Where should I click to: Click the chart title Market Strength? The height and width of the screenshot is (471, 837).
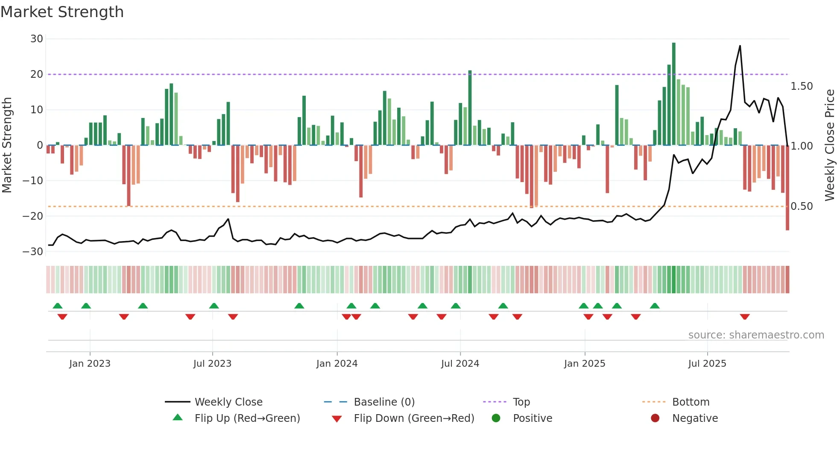pyautogui.click(x=62, y=12)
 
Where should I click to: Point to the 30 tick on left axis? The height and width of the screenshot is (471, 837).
pyautogui.click(x=37, y=39)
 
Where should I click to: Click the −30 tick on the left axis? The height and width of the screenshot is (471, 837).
pyautogui.click(x=33, y=251)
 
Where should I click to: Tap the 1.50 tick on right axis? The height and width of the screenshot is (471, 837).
pyautogui.click(x=802, y=86)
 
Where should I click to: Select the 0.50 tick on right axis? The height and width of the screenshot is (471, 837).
pyautogui.click(x=802, y=206)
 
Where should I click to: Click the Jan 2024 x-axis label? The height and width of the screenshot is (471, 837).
pyautogui.click(x=337, y=364)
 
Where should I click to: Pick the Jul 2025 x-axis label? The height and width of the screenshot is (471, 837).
pyautogui.click(x=707, y=364)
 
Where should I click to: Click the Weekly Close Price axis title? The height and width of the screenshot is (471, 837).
pyautogui.click(x=829, y=145)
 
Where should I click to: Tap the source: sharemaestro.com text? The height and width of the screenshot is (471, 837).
pyautogui.click(x=756, y=335)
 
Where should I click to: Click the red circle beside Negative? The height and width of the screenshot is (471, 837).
pyautogui.click(x=655, y=418)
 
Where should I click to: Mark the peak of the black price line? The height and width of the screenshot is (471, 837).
pyautogui.click(x=740, y=46)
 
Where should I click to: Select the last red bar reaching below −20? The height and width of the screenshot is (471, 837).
pyautogui.click(x=787, y=188)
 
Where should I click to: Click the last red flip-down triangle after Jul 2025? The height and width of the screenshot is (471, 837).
pyautogui.click(x=745, y=317)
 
